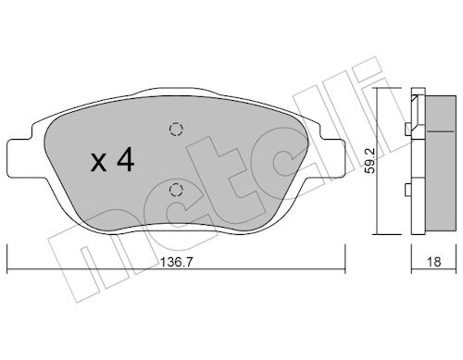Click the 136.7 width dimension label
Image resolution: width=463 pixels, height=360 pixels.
176,262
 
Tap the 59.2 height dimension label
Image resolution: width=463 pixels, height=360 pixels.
369,161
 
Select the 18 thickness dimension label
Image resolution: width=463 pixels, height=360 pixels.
433,262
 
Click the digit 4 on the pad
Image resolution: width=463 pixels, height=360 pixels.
125,159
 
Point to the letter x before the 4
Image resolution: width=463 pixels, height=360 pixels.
98,163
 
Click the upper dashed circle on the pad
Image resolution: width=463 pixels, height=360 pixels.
177,129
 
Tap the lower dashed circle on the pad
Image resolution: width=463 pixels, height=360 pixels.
176,190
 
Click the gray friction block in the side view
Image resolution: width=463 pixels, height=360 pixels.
441,163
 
